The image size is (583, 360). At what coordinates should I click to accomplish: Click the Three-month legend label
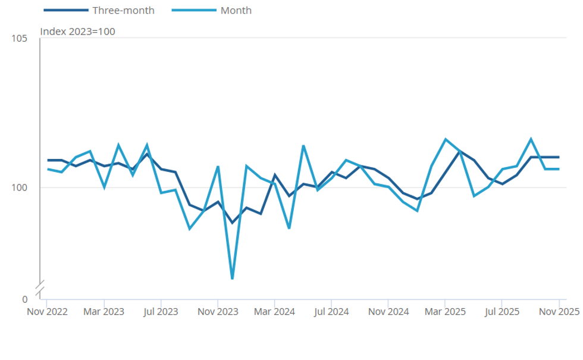coord(123,10)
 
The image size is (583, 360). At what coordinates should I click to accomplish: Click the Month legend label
coord(236,10)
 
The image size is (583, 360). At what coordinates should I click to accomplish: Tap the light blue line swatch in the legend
coord(193,10)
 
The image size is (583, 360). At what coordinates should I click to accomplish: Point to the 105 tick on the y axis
coord(20,39)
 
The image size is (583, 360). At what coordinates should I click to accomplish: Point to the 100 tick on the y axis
coord(20,187)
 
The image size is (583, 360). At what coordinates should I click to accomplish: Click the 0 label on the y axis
coord(24,299)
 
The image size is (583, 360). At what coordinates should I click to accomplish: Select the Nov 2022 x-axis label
coord(47,311)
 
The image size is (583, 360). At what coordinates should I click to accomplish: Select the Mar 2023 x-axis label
coord(104,311)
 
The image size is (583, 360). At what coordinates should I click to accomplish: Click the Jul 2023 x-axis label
coord(161,311)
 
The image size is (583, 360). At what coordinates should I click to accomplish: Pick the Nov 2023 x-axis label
coord(218,311)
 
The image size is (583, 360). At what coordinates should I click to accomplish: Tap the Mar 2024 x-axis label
coord(274,311)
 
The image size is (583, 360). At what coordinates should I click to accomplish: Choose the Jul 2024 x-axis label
coord(331,311)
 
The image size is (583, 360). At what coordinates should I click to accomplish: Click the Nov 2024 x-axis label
coord(388,311)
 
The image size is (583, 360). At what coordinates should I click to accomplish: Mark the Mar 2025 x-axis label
coord(445,311)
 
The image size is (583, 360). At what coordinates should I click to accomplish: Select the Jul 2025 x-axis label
coord(501,311)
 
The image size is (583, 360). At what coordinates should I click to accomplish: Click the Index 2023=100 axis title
coord(77,32)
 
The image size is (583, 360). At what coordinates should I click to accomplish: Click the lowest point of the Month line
coord(232,278)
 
